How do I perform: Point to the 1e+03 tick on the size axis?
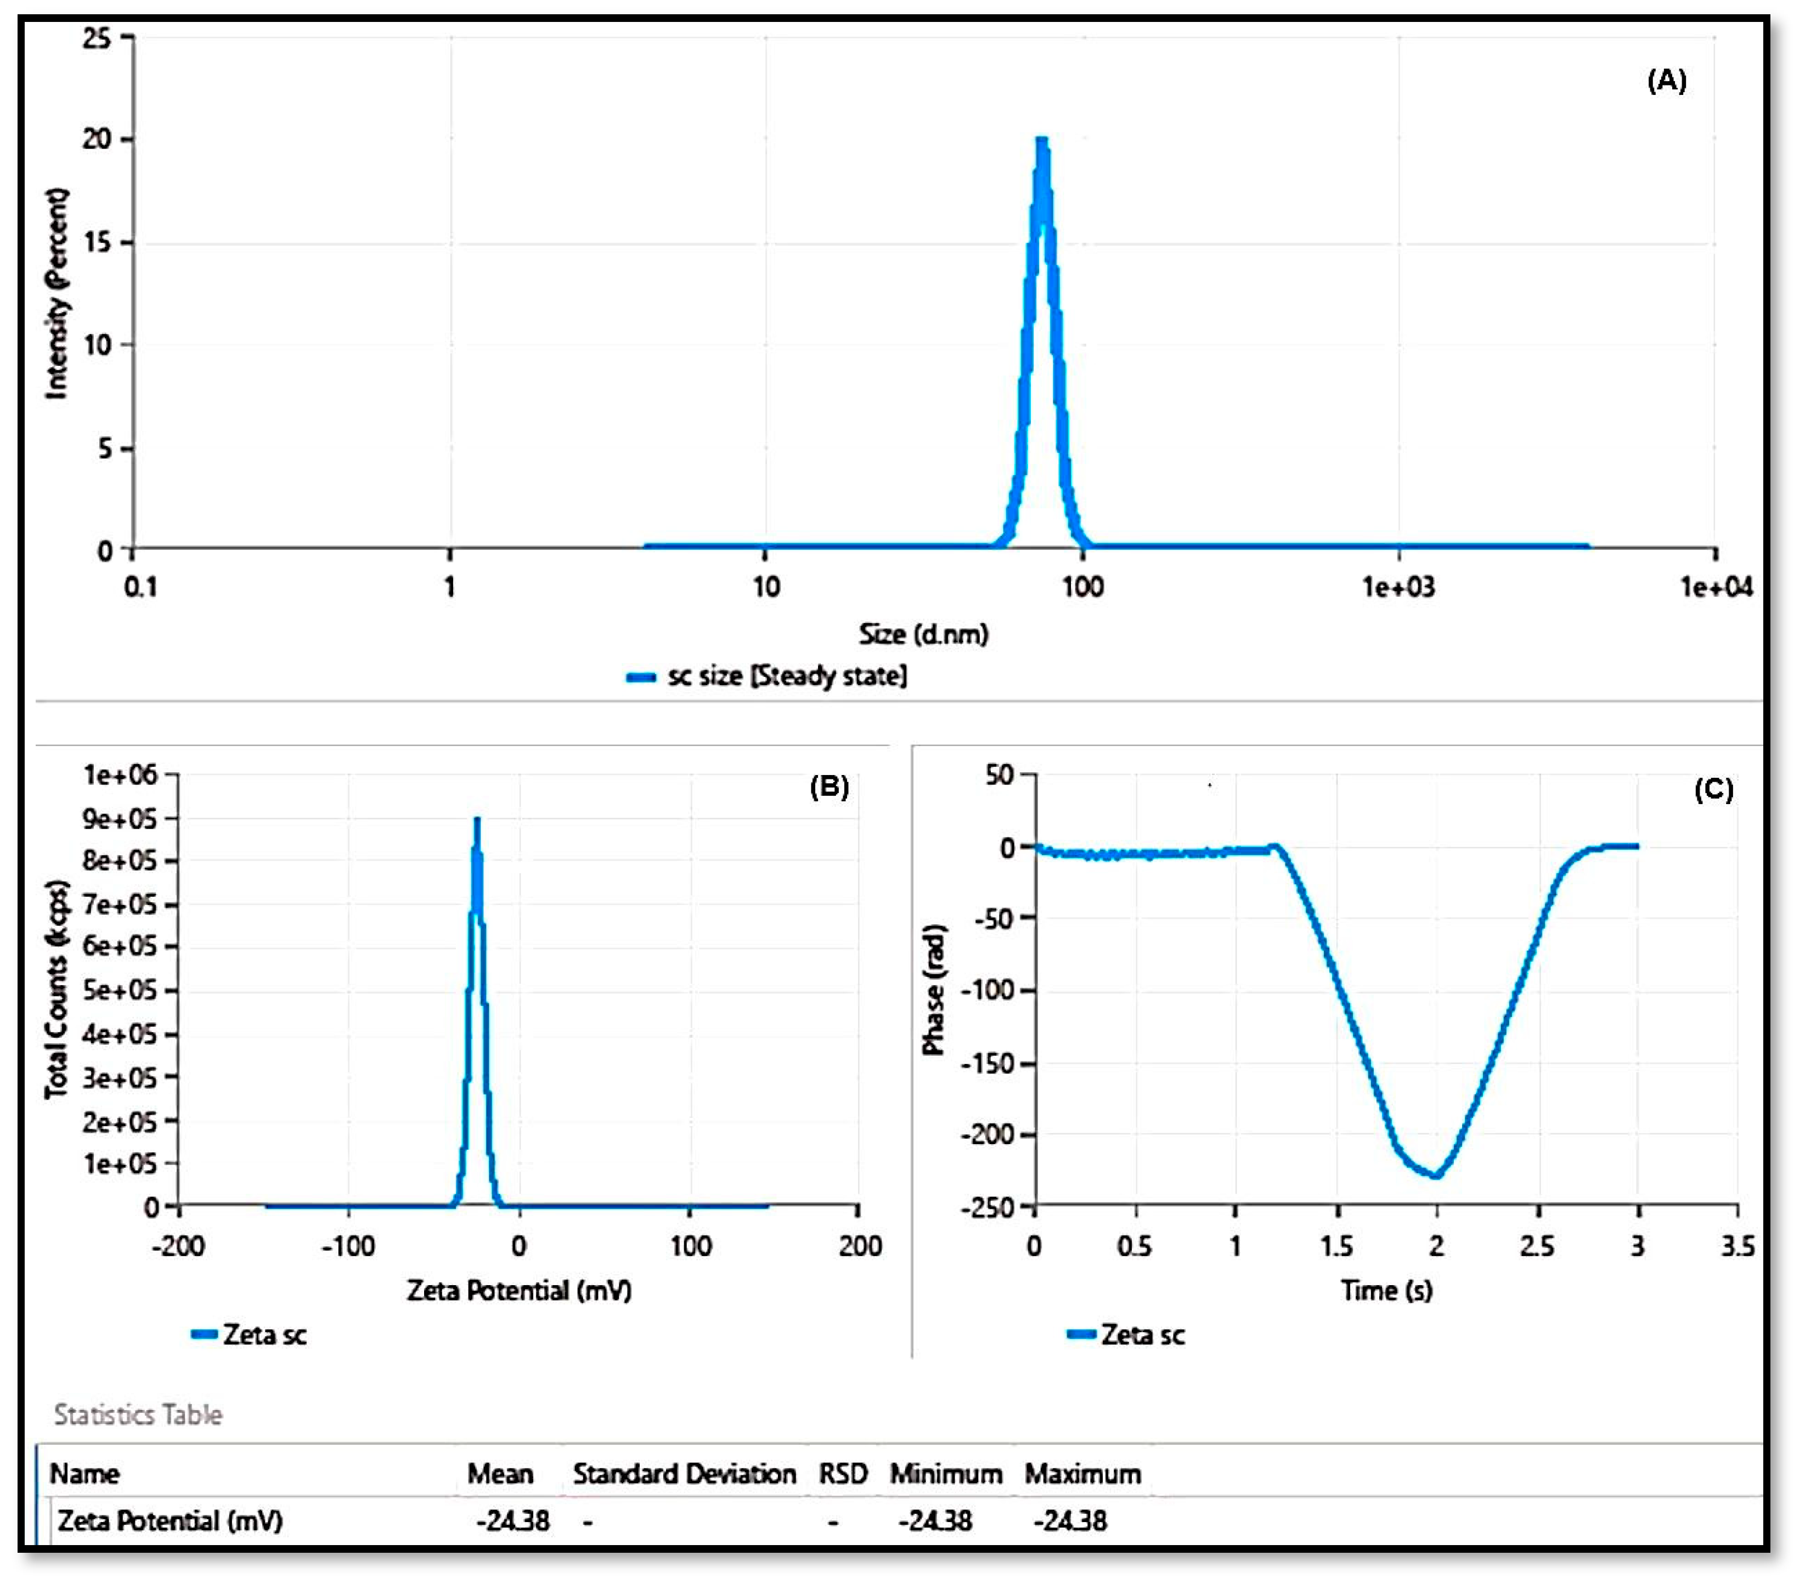click(1397, 586)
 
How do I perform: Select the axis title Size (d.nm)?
click(923, 634)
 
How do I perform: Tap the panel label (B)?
click(828, 787)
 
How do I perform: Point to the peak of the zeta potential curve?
click(477, 820)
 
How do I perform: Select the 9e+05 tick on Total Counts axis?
click(120, 819)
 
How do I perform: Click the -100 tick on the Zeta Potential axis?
click(348, 1246)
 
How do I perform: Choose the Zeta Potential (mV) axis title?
click(518, 1290)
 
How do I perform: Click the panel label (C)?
click(1712, 790)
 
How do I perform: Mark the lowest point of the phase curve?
click(1436, 1175)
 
